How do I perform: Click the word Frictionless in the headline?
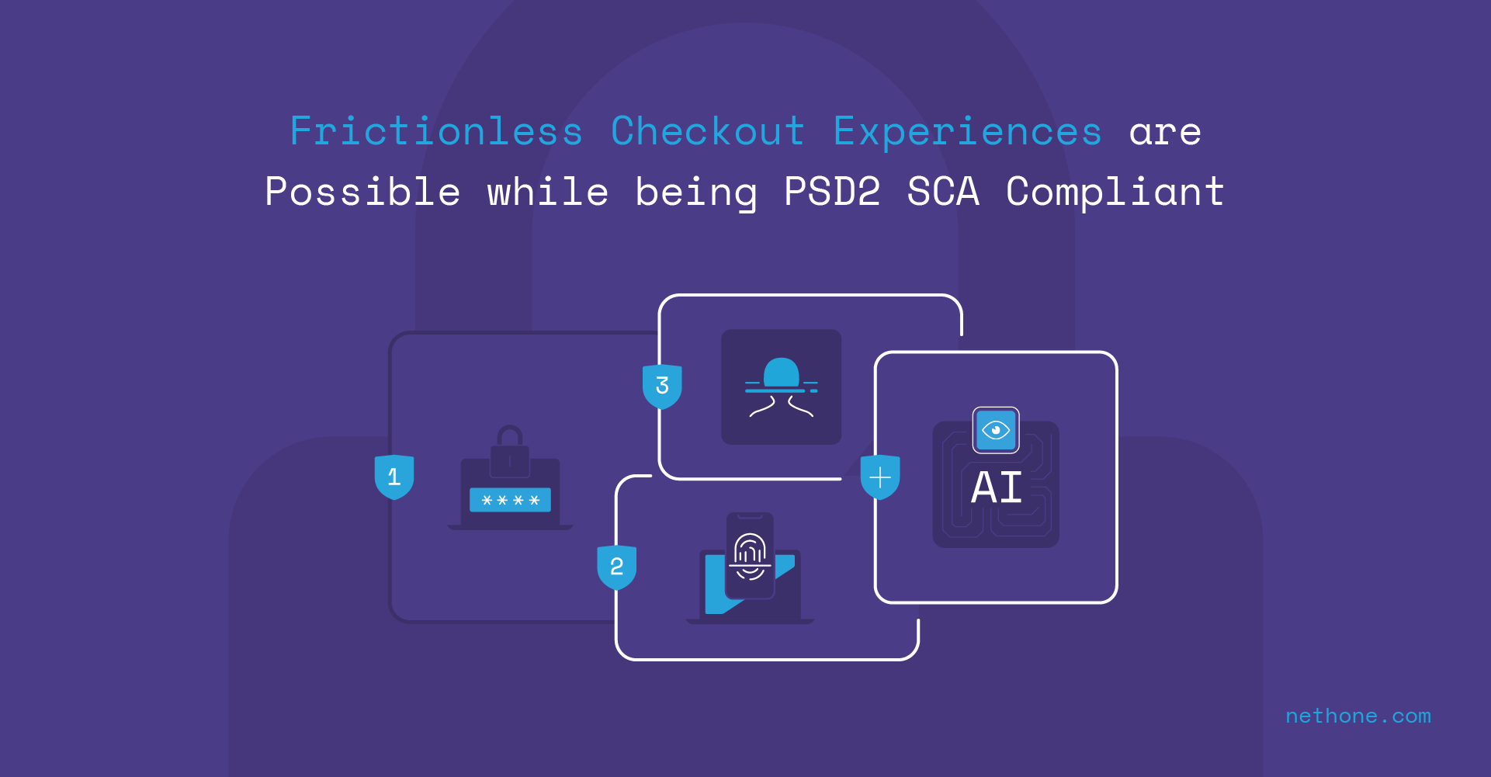(x=435, y=131)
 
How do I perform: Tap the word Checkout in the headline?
(x=707, y=131)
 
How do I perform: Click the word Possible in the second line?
(x=362, y=192)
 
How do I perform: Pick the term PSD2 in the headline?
(x=832, y=192)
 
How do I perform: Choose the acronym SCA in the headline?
(x=943, y=192)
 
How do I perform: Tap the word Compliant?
(x=1115, y=192)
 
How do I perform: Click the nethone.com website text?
(x=1358, y=716)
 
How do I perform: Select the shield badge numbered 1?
(x=394, y=477)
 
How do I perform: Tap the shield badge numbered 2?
(x=616, y=567)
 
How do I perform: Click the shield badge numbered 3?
(x=662, y=386)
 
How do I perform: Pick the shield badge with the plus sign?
(x=880, y=477)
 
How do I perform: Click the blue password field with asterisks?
(x=510, y=500)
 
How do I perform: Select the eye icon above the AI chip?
(x=996, y=430)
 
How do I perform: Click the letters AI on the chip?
(x=997, y=488)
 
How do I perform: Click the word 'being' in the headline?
(x=695, y=192)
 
